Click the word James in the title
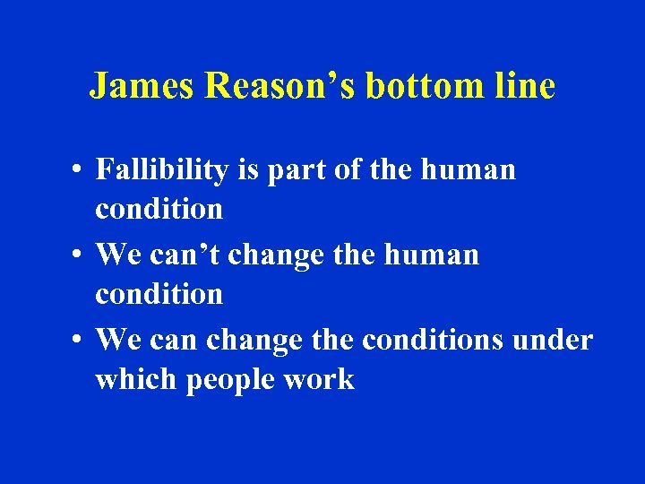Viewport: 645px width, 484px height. tap(143, 86)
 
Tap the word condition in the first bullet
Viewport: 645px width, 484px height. tap(159, 209)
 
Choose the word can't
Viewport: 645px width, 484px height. tap(185, 255)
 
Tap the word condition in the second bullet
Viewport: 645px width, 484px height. tap(159, 294)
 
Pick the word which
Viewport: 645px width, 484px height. tap(136, 380)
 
